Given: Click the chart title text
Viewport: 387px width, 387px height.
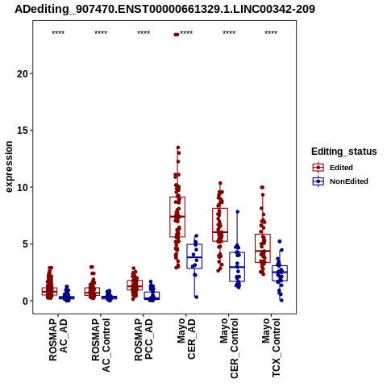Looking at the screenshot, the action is (164, 9).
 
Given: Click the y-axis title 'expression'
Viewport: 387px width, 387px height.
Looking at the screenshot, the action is (9, 167).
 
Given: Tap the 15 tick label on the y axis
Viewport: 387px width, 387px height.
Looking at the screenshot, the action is (23, 131).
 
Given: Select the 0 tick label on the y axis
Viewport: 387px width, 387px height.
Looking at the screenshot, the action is (26, 301).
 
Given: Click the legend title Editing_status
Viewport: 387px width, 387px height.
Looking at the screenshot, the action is (344, 152).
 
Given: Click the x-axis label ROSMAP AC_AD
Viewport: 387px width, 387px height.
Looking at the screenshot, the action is (58, 339).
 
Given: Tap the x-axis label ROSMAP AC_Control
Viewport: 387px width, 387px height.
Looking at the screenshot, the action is (101, 345).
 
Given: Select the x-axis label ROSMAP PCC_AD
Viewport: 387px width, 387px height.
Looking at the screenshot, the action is (144, 339).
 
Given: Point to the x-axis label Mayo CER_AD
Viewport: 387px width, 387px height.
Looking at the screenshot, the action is (186, 339).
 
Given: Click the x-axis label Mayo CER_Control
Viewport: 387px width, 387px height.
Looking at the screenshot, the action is (229, 348).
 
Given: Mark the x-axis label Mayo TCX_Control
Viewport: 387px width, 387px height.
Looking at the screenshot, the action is (271, 347).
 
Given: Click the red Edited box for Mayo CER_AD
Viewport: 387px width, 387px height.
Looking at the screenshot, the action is (177, 217).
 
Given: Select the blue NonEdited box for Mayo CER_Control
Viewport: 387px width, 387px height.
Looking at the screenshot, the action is (237, 267).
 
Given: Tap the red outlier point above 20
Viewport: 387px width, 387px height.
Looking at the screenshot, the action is (177, 35).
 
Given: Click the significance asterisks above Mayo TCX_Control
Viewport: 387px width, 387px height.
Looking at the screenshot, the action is (271, 33).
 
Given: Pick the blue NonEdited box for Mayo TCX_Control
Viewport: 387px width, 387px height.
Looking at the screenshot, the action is (280, 273).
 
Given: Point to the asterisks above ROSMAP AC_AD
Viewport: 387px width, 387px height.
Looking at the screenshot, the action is (58, 33).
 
